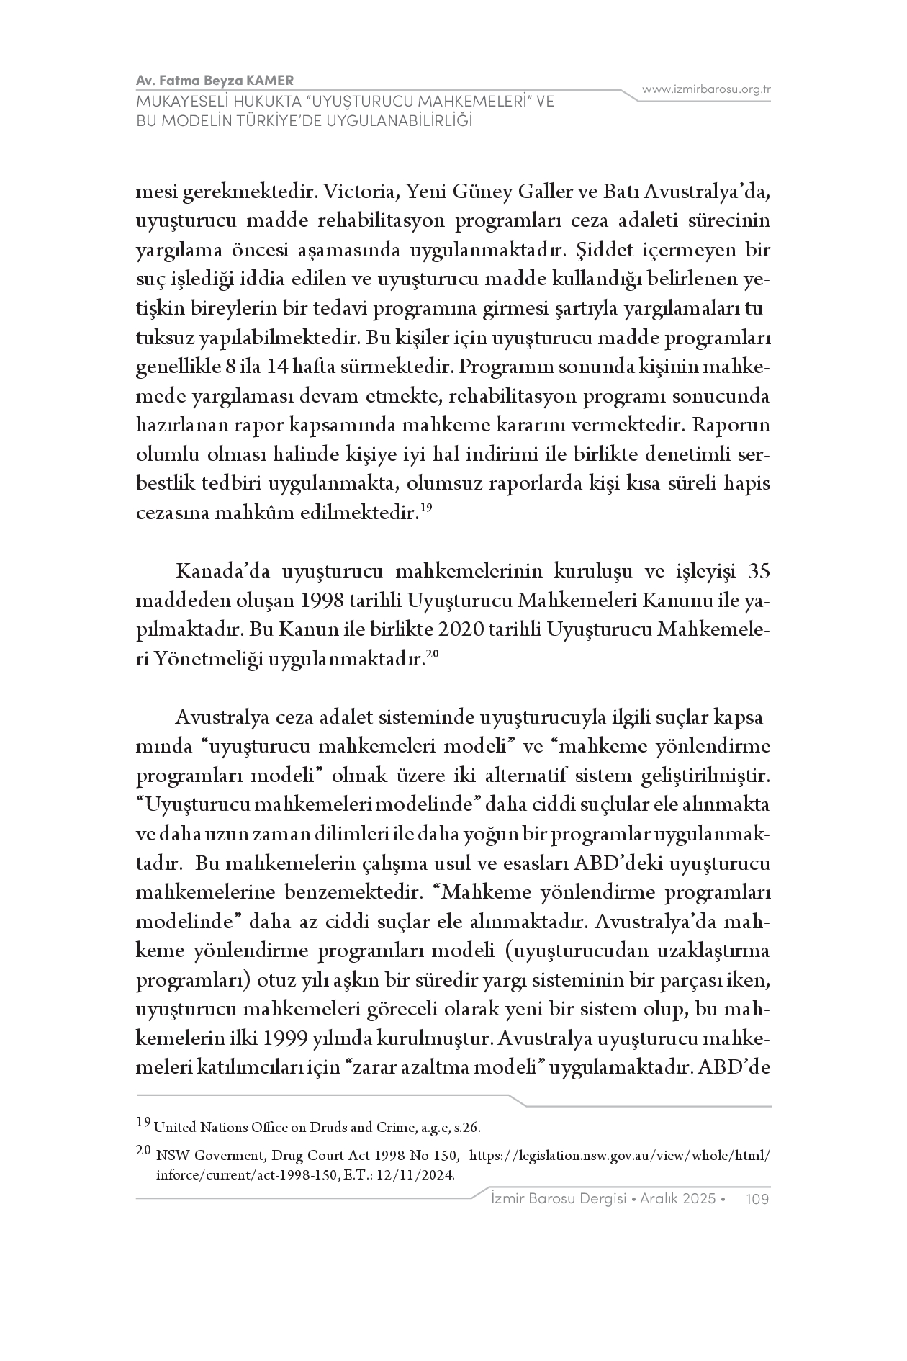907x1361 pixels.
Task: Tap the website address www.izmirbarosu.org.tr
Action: click(706, 89)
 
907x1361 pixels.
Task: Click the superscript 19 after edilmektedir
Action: click(425, 508)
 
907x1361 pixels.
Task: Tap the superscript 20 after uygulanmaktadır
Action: click(432, 654)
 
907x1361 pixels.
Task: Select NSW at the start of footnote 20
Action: click(168, 1156)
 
